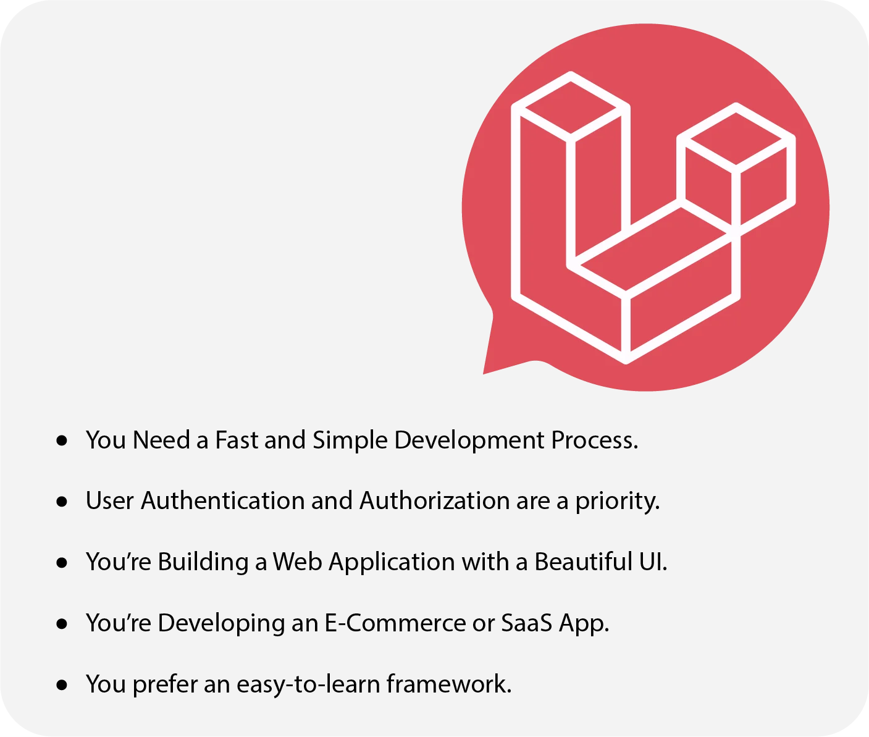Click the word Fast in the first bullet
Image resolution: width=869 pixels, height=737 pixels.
pos(237,440)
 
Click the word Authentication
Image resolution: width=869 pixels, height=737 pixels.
pos(222,501)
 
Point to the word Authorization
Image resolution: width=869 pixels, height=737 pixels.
pos(434,501)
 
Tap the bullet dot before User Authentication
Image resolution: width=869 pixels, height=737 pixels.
pos(62,502)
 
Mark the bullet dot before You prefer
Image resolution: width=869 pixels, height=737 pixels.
pos(62,684)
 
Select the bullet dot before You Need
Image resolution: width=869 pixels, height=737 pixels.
pos(62,440)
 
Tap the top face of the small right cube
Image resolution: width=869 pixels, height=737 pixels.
pos(736,135)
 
